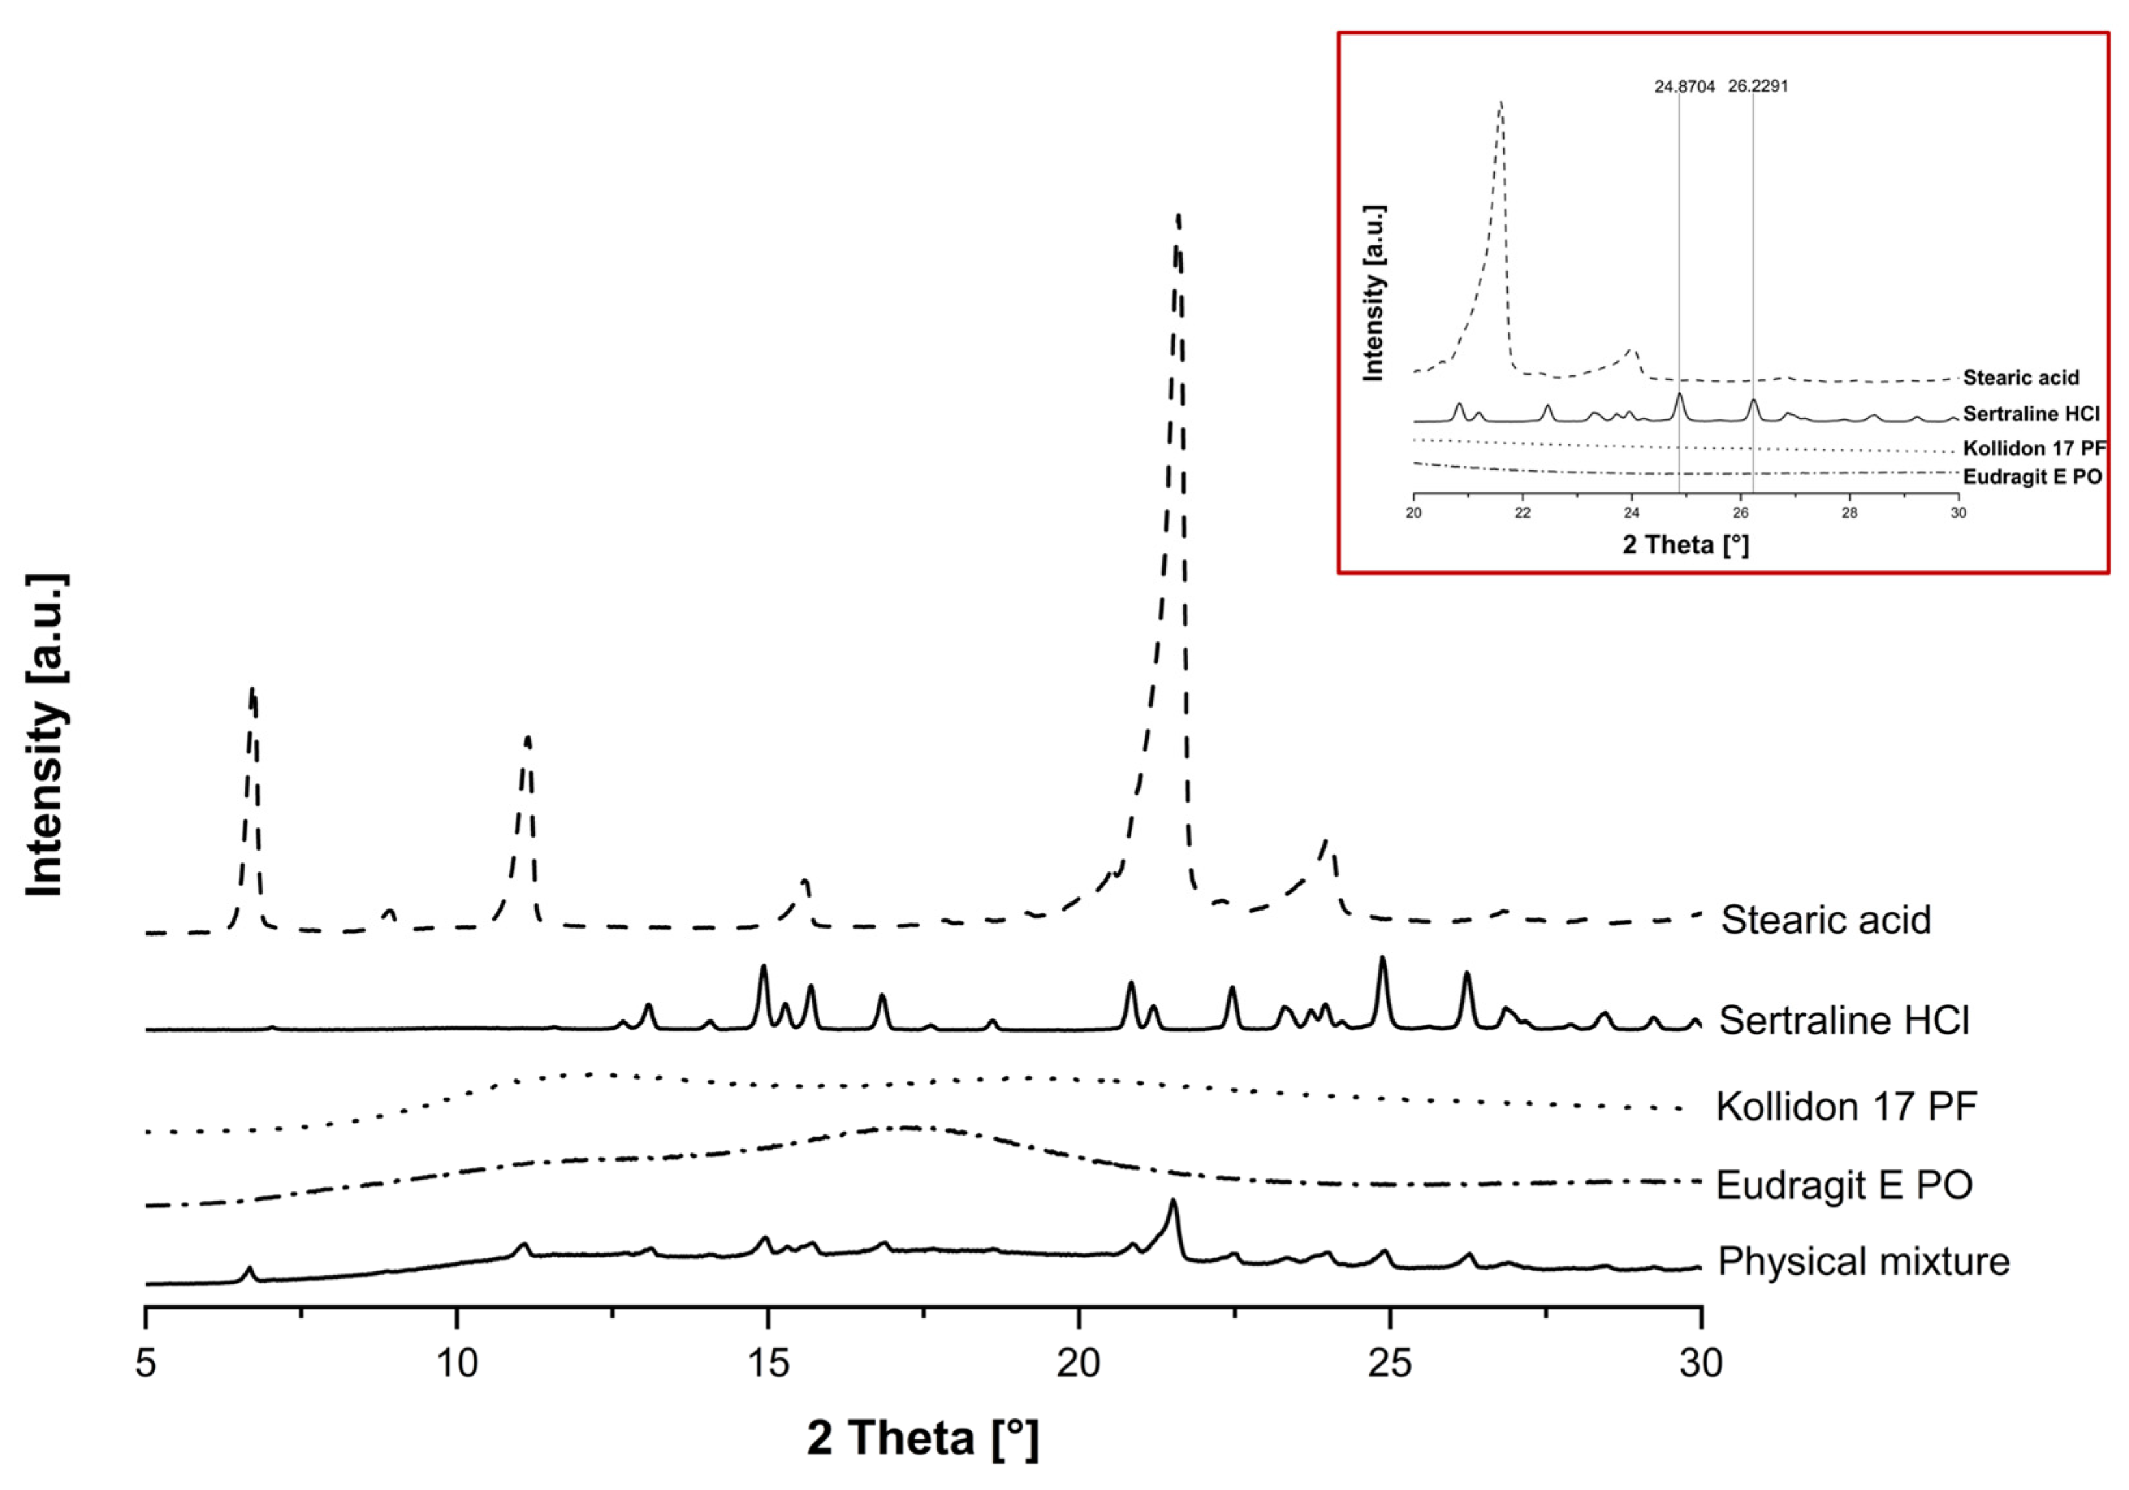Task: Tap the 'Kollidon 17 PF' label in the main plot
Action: click(1846, 1106)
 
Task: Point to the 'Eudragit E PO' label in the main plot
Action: click(1844, 1184)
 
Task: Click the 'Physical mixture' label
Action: click(1864, 1261)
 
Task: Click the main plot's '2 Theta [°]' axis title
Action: click(922, 1438)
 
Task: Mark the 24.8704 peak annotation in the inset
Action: click(1685, 86)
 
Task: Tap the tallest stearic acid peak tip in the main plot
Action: click(1177, 216)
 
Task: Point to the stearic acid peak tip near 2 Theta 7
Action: click(252, 689)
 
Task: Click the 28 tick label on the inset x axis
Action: click(1850, 512)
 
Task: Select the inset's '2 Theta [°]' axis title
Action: click(1686, 544)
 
